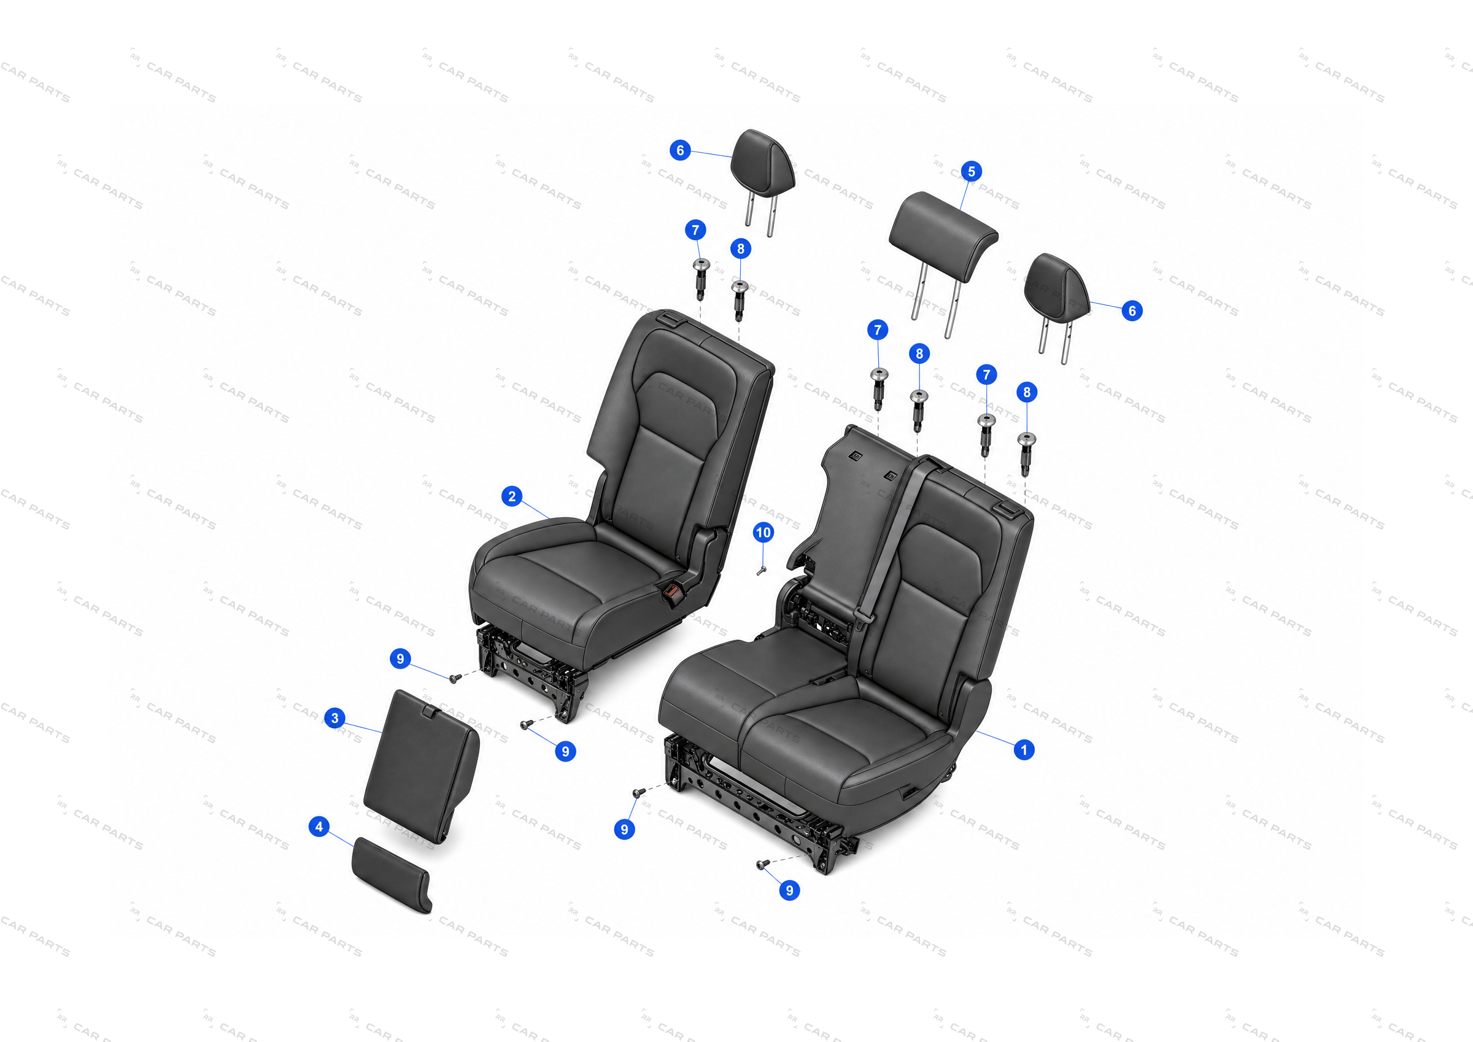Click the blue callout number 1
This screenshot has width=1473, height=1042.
(x=1024, y=749)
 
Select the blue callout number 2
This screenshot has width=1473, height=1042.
(x=511, y=496)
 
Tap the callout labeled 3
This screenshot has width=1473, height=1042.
(x=334, y=717)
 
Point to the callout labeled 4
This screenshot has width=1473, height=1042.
(x=319, y=827)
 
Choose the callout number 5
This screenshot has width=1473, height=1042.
(x=972, y=171)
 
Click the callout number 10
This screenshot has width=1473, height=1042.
(x=763, y=532)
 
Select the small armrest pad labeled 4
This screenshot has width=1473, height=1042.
(x=392, y=874)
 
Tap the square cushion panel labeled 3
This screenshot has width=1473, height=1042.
(x=422, y=766)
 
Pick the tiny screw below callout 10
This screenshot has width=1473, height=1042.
(x=761, y=571)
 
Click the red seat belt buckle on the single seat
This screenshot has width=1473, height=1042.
(x=671, y=594)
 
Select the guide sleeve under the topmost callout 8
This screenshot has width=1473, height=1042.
(x=740, y=299)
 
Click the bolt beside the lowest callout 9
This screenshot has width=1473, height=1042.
(x=763, y=865)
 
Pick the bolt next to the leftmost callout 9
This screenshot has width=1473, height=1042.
(x=454, y=678)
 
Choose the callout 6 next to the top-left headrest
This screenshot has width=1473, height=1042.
(x=680, y=150)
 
